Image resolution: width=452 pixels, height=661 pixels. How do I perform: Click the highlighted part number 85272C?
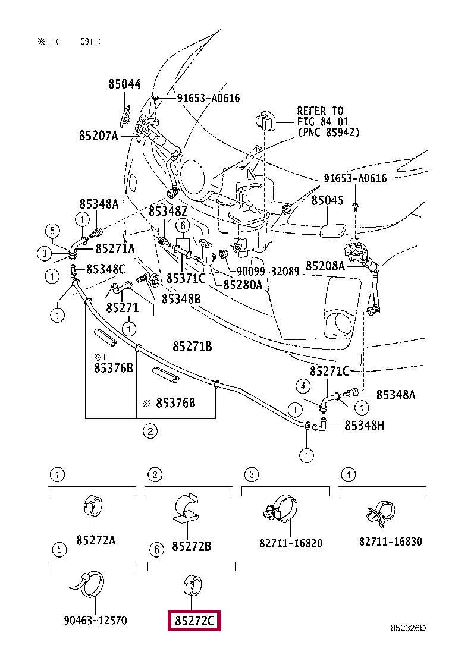click(x=194, y=621)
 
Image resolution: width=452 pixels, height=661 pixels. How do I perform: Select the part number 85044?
click(x=124, y=84)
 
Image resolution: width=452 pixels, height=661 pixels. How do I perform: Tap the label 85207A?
click(x=99, y=136)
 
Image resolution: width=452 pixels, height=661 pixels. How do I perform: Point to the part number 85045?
click(x=328, y=200)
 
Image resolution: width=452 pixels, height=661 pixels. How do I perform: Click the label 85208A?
click(x=325, y=266)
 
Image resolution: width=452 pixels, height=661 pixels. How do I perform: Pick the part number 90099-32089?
click(x=268, y=271)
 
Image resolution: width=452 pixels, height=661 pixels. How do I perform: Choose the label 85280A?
click(x=243, y=285)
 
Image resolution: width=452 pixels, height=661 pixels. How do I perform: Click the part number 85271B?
click(x=192, y=347)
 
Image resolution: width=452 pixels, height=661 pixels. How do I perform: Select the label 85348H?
click(x=365, y=426)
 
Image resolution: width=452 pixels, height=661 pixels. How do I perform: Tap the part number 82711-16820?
click(x=291, y=543)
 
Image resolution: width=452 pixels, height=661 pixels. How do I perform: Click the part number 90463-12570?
click(x=95, y=620)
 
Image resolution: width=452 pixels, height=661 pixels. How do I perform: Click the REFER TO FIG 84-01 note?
click(x=328, y=122)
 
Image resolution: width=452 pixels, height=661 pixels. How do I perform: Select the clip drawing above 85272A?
click(x=93, y=506)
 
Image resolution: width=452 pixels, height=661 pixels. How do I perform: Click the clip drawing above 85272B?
click(x=186, y=508)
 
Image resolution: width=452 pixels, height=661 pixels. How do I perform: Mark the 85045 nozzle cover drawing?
click(x=332, y=231)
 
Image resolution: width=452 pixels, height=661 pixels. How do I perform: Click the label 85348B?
click(x=181, y=299)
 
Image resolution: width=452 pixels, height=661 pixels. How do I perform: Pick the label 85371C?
click(x=186, y=279)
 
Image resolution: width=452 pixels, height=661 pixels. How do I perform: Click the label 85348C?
click(x=106, y=269)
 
